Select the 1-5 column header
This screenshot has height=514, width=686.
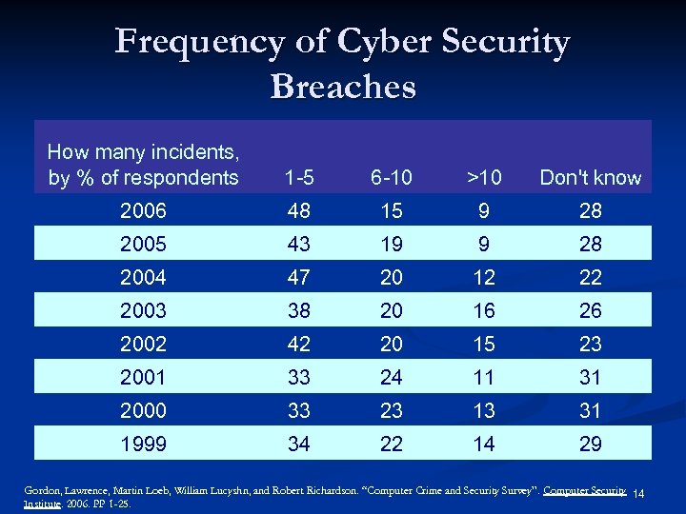299,178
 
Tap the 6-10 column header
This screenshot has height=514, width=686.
391,178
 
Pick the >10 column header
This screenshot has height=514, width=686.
484,178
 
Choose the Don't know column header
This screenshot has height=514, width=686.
591,178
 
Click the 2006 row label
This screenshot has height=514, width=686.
143,210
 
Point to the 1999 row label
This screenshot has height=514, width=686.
143,444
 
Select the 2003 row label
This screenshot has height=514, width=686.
143,310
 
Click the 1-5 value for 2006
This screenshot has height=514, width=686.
299,210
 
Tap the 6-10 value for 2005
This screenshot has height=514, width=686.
391,244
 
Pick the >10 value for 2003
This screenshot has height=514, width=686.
484,310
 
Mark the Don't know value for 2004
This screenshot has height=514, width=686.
591,277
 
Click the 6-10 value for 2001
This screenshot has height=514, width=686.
391,377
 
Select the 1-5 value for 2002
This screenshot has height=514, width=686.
299,344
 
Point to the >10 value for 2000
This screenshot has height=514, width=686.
484,410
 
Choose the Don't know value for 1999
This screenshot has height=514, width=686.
591,444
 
